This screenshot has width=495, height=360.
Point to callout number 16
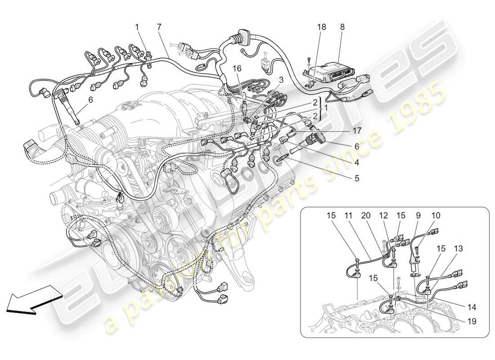coord(237,68)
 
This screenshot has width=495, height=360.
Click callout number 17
coord(357,131)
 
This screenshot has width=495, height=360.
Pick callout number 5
coord(357,178)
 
